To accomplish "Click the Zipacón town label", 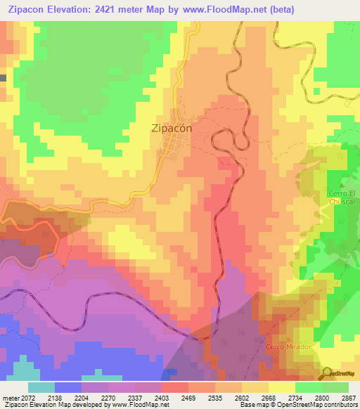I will tap(171, 129).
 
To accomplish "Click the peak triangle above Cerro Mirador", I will tap(287, 339).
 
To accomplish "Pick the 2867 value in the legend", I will tap(349, 396).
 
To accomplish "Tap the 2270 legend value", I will tap(109, 396).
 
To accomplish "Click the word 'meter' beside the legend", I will tap(10, 396).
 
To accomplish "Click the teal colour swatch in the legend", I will tap(41, 387).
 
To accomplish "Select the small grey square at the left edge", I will tap(3, 77).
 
